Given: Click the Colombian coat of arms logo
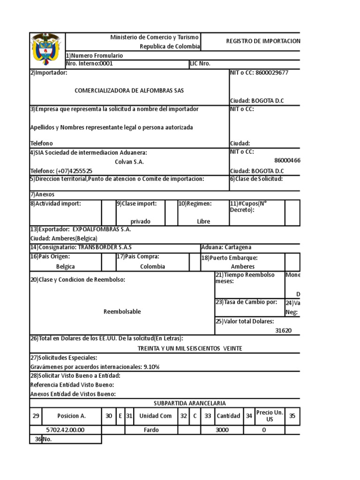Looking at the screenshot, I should click(x=47, y=50).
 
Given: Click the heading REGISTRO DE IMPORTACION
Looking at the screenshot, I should click(x=263, y=41).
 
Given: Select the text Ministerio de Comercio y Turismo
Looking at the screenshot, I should click(x=155, y=37).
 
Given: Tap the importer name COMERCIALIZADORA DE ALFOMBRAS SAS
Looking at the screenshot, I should click(x=129, y=90).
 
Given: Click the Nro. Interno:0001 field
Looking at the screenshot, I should click(x=90, y=64).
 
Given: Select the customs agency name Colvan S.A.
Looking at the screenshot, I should click(x=129, y=162).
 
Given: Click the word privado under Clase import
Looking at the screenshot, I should click(x=141, y=221).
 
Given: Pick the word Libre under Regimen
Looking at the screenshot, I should click(x=203, y=221).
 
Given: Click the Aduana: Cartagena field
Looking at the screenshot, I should click(x=226, y=247).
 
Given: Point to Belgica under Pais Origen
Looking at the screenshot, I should click(x=66, y=266).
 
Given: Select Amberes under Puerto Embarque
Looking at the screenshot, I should click(x=243, y=266).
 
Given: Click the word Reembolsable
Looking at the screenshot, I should click(x=122, y=311).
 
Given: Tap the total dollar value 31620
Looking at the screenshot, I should click(x=283, y=330).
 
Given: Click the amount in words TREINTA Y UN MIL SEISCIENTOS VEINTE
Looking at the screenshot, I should click(x=190, y=348).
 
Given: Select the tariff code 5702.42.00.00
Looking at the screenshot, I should click(x=66, y=430).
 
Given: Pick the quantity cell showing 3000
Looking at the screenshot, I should click(x=222, y=430).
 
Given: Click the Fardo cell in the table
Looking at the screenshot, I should click(x=151, y=430).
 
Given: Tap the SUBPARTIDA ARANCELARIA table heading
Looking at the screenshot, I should click(x=190, y=403).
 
